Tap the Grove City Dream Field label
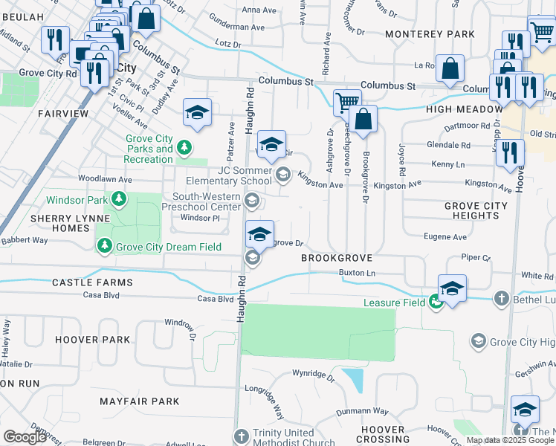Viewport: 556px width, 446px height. [x=168, y=247]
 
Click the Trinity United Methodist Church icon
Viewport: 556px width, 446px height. [x=242, y=436]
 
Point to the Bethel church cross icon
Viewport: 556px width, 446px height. [x=502, y=299]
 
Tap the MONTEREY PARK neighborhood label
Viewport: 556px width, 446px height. [x=430, y=34]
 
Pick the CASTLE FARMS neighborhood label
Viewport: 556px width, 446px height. [x=92, y=282]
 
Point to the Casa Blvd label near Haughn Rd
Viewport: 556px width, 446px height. [x=215, y=299]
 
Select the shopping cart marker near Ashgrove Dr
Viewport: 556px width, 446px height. [x=347, y=101]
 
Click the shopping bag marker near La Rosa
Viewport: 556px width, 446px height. [x=450, y=68]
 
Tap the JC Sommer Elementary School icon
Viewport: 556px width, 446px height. [x=282, y=175]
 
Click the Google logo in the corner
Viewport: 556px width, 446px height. [x=25, y=437]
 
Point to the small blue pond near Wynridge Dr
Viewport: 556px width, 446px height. [x=355, y=380]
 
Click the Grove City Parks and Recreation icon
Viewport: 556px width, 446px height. [x=185, y=147]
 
